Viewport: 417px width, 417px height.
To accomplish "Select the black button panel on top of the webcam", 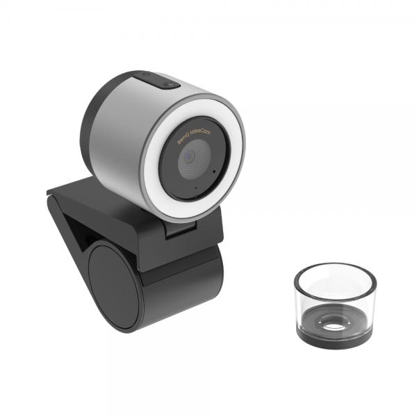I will point(158,80).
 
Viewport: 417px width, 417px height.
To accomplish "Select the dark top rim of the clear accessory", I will point(334,268).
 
